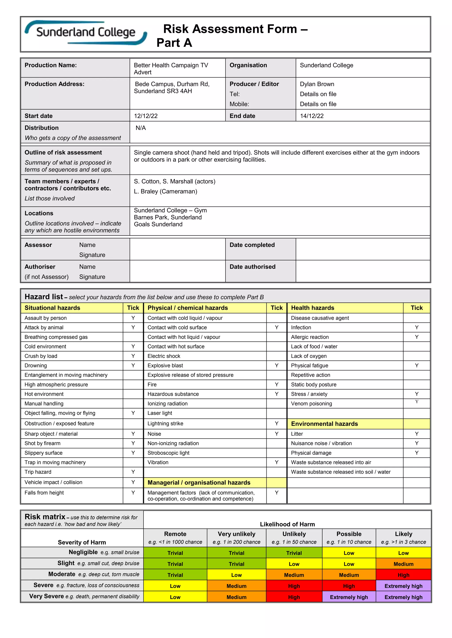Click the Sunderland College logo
[x=86, y=33]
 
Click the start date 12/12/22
[x=146, y=116]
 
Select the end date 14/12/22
[x=312, y=116]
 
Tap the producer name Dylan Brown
[x=317, y=84]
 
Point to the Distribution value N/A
[x=141, y=128]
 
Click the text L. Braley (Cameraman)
[x=165, y=191]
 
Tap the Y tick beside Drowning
[x=133, y=365]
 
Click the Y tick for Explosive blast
[x=276, y=365]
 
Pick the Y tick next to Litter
[x=417, y=434]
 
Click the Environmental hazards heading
[x=324, y=424]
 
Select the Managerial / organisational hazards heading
[x=199, y=483]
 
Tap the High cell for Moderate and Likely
[x=403, y=575]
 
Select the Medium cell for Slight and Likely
[x=403, y=564]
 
